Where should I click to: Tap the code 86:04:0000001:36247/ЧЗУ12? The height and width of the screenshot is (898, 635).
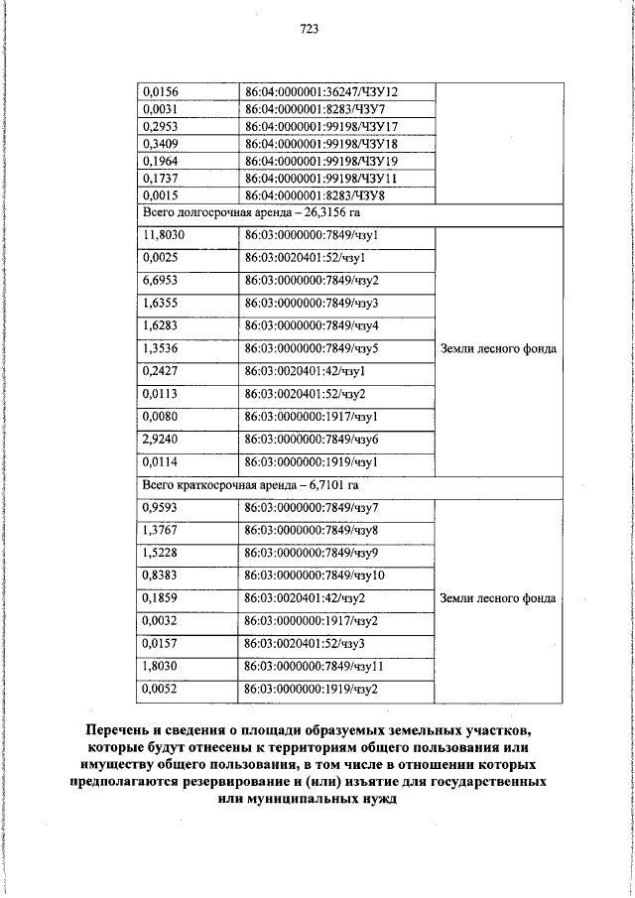[327, 91]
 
